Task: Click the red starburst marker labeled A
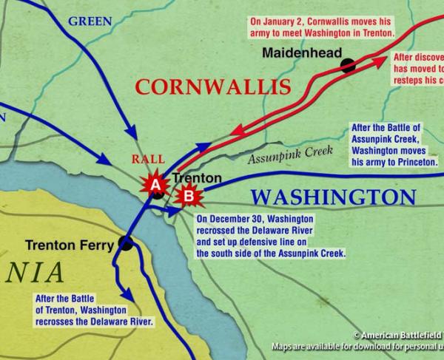[x=155, y=186]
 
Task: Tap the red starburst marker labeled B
[x=189, y=196]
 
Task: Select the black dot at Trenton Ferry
[x=125, y=241]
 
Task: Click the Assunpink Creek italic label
[x=289, y=154]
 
